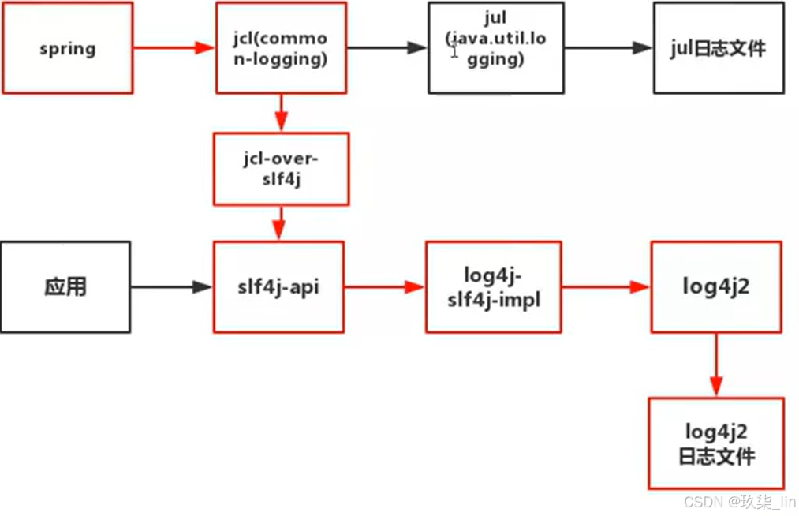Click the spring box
tap(67, 48)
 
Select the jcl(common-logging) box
tap(281, 48)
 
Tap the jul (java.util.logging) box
tap(495, 48)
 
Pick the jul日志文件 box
tap(718, 48)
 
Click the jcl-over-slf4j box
tap(281, 168)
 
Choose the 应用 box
tap(65, 287)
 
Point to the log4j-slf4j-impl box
tap(494, 287)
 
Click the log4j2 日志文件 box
tap(716, 443)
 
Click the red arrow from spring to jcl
tap(174, 48)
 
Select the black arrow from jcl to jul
tap(387, 48)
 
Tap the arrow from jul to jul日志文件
tap(608, 48)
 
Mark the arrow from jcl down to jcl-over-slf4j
tap(281, 111)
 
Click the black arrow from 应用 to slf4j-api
tap(171, 288)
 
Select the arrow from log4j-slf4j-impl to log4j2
tap(606, 288)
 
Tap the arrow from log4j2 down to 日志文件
tap(716, 365)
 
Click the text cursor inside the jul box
tap(454, 50)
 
